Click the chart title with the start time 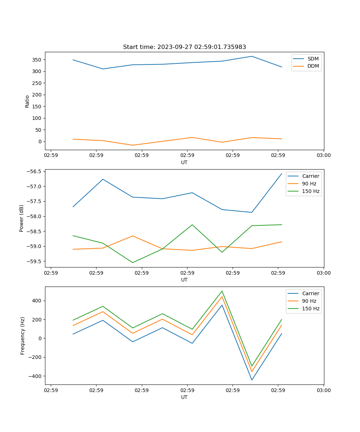coord(184,47)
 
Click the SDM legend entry coord(313,59)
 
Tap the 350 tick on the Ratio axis coord(37,60)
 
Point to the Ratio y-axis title coord(27,101)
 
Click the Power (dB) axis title coord(22,218)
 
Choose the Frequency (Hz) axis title coord(22,336)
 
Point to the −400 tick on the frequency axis coord(36,376)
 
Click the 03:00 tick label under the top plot coord(323,156)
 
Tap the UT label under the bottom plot coord(184,397)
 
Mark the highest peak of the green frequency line coord(222,291)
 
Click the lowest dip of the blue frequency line coord(252,380)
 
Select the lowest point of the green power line coord(132,262)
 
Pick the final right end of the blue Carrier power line coord(282,174)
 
